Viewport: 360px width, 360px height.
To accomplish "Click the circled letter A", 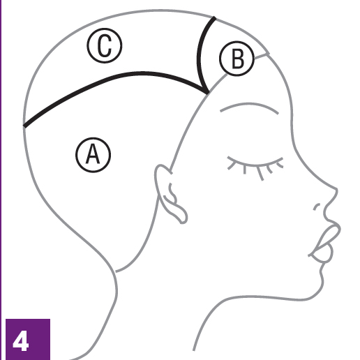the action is [x=93, y=155].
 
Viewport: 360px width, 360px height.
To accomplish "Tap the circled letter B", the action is [x=237, y=59].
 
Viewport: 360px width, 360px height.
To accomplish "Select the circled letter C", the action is [x=105, y=45].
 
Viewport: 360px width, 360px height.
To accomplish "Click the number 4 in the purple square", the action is [x=21, y=342].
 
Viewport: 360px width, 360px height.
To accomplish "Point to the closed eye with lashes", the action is [x=255, y=166].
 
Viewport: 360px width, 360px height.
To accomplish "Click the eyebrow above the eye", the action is [x=249, y=106].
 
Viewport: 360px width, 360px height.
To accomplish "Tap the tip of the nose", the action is [x=337, y=190].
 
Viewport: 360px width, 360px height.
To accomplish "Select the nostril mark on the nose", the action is [x=316, y=207].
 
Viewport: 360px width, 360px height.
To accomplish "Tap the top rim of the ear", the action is [x=161, y=166].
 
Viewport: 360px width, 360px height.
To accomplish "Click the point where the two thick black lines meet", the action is [x=208, y=93].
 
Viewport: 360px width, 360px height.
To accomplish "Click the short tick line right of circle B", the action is [x=262, y=56].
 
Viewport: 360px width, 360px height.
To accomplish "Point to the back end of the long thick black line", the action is [x=24, y=126].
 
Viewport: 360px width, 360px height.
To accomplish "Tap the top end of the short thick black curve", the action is [x=214, y=18].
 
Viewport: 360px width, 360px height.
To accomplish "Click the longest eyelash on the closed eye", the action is [x=260, y=174].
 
